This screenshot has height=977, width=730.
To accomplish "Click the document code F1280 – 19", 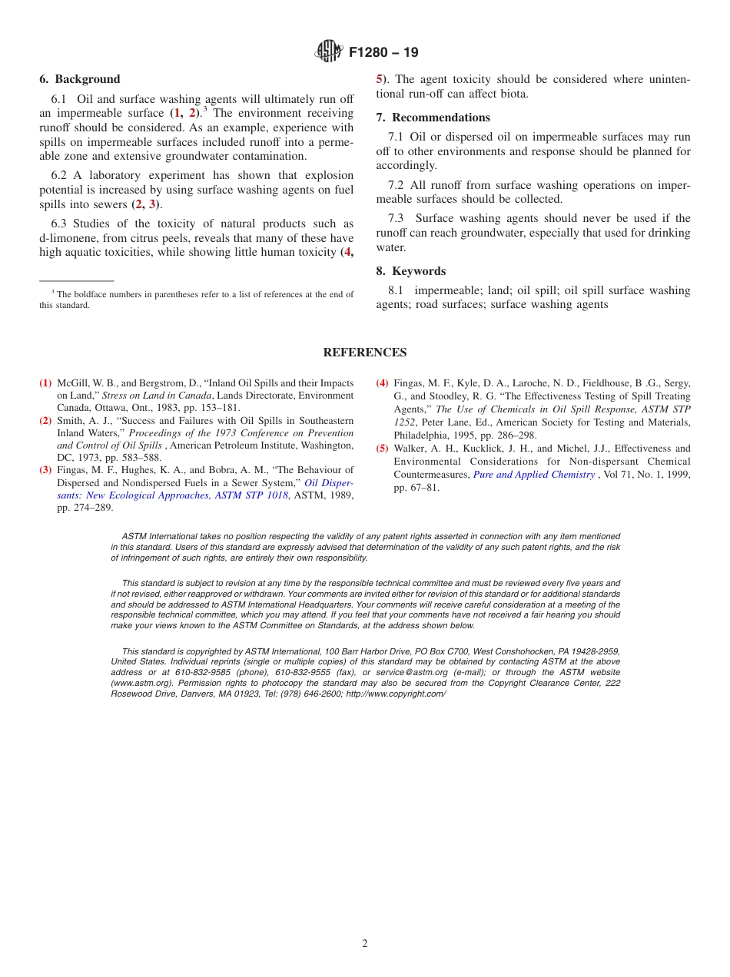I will point(383,53).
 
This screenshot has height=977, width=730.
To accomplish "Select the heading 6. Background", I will point(80,79).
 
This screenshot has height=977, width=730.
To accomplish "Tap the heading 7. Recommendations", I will point(433,118).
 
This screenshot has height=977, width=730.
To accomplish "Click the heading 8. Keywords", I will point(410,271).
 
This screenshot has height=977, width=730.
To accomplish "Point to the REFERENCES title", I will point(365,353).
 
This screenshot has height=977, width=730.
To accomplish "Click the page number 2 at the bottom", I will point(365,944).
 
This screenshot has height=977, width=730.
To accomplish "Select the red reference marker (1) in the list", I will point(45,383).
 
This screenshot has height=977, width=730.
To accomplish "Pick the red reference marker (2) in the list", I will point(45,420).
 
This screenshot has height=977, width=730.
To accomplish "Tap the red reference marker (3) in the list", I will point(45,469).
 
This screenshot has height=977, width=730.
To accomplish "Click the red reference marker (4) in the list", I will point(382,383).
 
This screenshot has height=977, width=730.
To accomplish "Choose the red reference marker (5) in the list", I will point(382,449).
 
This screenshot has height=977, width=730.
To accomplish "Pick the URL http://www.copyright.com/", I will point(396,694).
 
